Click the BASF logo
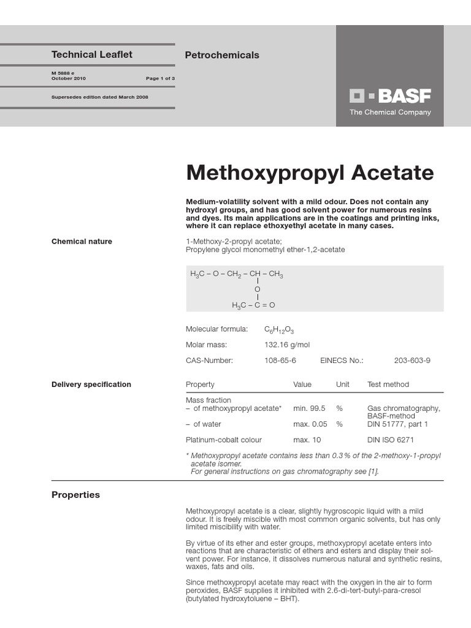pyautogui.click(x=390, y=96)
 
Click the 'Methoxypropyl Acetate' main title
pyautogui.click(x=309, y=173)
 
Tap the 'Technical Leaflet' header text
pyautogui.click(x=92, y=55)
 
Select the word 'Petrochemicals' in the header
pyautogui.click(x=222, y=55)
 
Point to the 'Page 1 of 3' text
pyautogui.click(x=160, y=78)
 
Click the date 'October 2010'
pyautogui.click(x=69, y=78)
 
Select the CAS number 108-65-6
pyautogui.click(x=280, y=361)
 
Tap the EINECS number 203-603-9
pyautogui.click(x=412, y=361)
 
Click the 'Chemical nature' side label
pyautogui.click(x=82, y=242)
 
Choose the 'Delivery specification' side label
pyautogui.click(x=91, y=385)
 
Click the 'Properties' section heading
pyautogui.click(x=75, y=495)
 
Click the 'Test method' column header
pyautogui.click(x=388, y=385)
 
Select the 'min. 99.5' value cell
pyautogui.click(x=309, y=408)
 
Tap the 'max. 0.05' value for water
pyautogui.click(x=310, y=424)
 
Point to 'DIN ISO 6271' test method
pyautogui.click(x=391, y=440)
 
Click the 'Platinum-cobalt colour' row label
pyautogui.click(x=224, y=440)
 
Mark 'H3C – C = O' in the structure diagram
pyautogui.click(x=253, y=305)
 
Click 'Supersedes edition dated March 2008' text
pyautogui.click(x=100, y=97)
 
